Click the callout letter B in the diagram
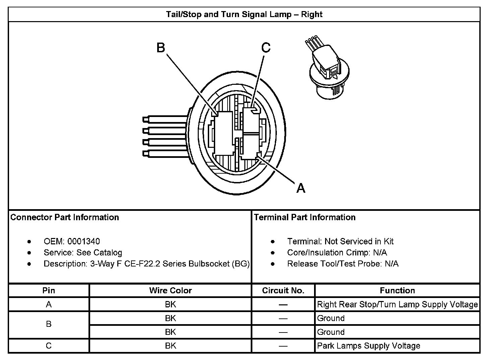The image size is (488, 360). pos(161,48)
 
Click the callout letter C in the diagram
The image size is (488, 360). pos(266,48)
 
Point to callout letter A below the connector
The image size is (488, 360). pos(301,188)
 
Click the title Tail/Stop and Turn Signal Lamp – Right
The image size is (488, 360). pos(244,14)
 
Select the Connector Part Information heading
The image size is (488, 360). pos(65,217)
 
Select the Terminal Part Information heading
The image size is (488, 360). pos(305,217)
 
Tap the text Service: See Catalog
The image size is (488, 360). pos(83,252)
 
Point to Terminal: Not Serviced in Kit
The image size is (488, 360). pos(340,241)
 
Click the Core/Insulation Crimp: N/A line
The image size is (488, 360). pos(337,252)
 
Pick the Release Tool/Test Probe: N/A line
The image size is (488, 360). pos(343,263)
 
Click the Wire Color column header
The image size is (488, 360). pos(170,290)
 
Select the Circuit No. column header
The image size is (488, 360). pos(283,290)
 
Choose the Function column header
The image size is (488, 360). pos(397,290)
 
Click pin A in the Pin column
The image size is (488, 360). pos(49,304)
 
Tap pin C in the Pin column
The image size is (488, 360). pos(49,346)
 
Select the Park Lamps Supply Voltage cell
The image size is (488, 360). pos(368,346)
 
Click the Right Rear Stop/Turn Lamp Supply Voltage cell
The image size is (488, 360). pos(397,304)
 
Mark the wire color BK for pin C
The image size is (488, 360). pos(170,346)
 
